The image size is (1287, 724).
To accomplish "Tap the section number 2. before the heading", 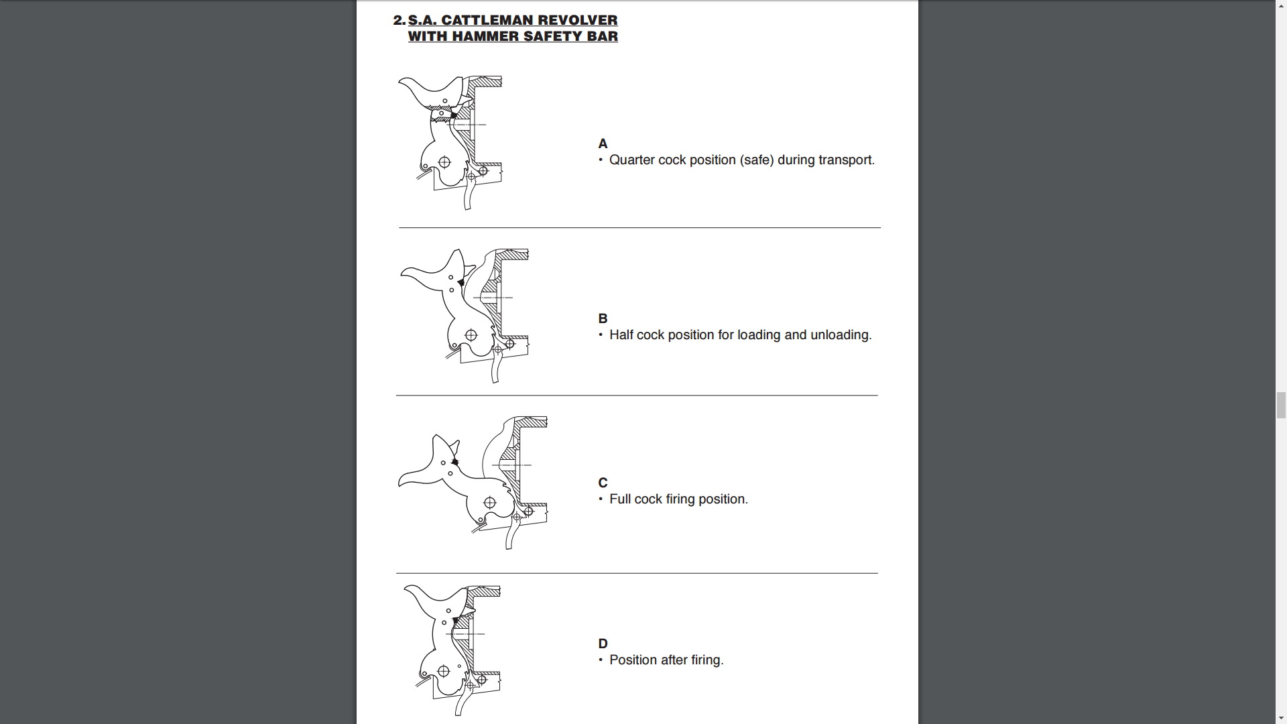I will click(x=400, y=20).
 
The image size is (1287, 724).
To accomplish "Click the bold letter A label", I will click(x=603, y=143).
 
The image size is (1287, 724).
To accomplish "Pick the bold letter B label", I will click(x=603, y=318).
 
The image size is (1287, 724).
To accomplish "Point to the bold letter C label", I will click(x=603, y=483).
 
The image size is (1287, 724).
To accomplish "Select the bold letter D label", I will click(x=603, y=644).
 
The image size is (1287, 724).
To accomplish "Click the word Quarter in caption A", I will click(x=631, y=160).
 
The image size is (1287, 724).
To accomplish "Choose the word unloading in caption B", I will click(x=839, y=335).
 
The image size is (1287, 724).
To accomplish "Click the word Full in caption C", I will click(x=620, y=499).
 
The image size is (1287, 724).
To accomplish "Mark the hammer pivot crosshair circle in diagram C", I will click(x=489, y=503).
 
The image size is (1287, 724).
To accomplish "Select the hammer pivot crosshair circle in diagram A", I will click(x=444, y=162).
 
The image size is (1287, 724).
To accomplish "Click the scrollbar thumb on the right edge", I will click(x=1281, y=405).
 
